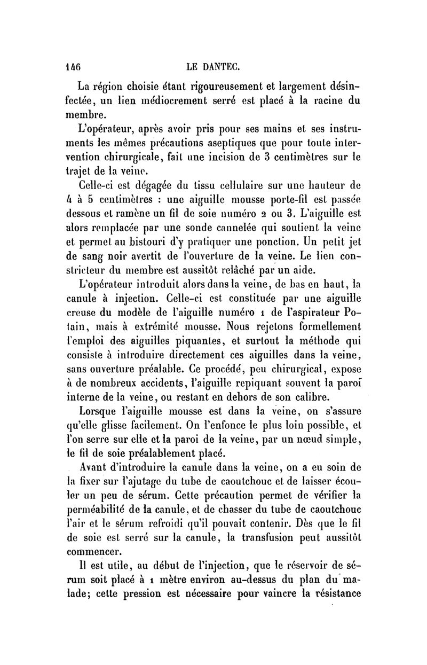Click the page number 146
pyautogui.click(x=72, y=68)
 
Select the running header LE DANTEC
pyautogui.click(x=213, y=68)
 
